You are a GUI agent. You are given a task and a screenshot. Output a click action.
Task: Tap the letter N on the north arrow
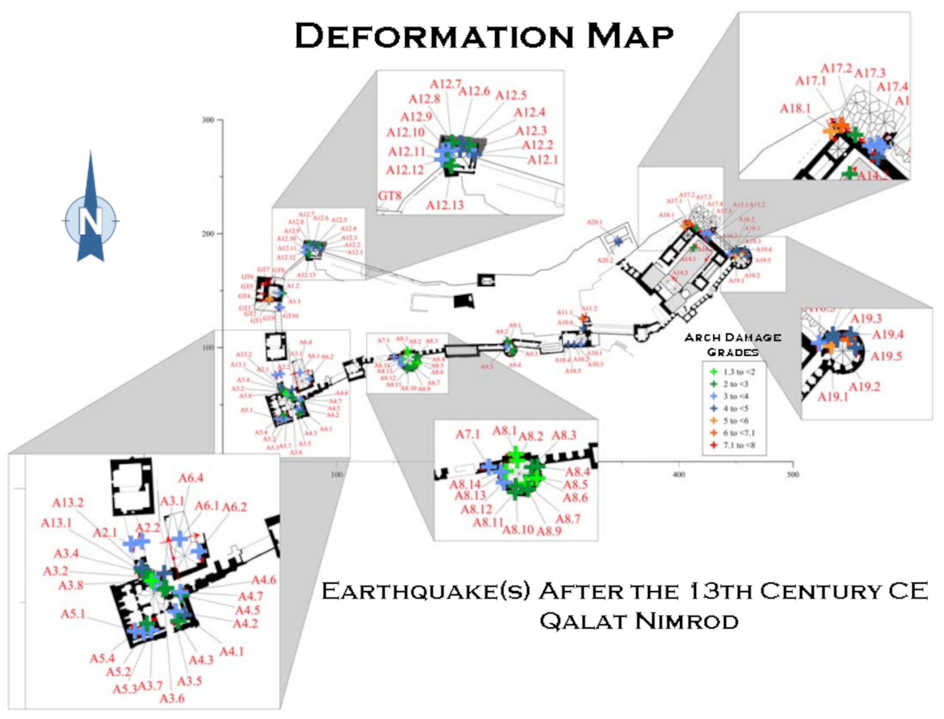point(90,221)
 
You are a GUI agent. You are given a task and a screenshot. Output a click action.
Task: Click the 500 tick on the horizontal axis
point(792,474)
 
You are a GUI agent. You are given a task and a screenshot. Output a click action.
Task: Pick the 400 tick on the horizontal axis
point(678,474)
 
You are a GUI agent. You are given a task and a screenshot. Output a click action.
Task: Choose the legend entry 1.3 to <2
point(739,372)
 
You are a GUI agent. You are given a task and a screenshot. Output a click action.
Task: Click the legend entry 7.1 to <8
point(739,445)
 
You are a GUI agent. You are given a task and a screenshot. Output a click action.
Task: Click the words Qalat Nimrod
point(639,621)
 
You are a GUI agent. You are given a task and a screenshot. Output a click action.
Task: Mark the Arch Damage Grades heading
point(733,344)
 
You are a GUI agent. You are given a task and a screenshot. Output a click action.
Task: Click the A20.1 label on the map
point(594,222)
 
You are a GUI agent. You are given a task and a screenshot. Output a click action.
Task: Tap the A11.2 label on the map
point(589,309)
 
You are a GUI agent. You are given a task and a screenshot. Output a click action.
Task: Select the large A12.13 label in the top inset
point(445,205)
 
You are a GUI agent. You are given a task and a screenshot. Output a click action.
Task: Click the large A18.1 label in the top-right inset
point(795,109)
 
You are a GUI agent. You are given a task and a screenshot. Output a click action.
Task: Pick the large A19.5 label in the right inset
point(886,356)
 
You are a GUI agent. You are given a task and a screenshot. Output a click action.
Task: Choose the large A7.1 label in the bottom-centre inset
point(467,434)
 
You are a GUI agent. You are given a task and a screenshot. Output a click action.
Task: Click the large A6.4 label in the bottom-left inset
point(191,478)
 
